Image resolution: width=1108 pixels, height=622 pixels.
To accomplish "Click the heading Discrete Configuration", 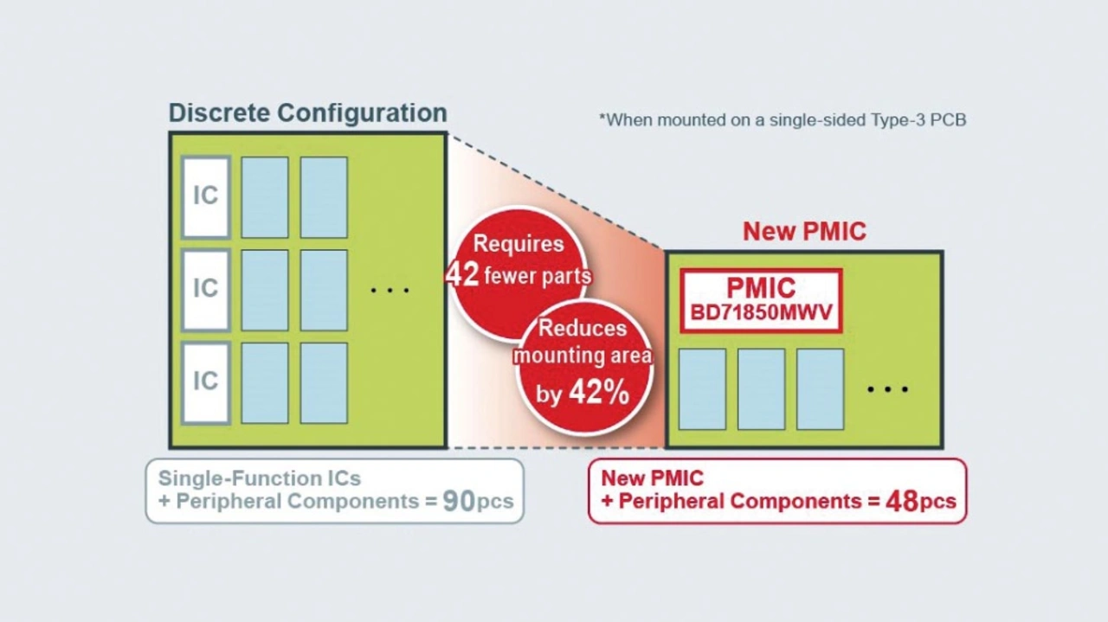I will tap(307, 113).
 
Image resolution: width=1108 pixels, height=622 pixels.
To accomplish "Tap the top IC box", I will tap(205, 196).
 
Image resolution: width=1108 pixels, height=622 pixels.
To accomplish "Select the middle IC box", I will tap(205, 289).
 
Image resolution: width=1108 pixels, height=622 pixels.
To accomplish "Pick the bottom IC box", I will tap(205, 382).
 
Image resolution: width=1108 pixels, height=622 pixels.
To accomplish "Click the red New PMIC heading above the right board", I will tap(804, 232).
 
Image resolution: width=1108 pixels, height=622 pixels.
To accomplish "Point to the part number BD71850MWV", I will tap(761, 312).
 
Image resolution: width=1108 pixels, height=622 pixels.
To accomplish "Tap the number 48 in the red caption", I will tap(901, 502).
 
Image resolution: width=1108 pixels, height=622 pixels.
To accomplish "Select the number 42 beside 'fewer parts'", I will tap(462, 275).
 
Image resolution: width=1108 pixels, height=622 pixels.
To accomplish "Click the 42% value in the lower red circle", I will tap(599, 393).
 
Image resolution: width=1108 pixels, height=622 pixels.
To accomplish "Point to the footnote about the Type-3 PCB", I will tap(783, 120).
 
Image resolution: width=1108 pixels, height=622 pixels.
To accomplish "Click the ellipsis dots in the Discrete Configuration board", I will tap(390, 290).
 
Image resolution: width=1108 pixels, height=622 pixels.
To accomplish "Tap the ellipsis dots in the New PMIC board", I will tap(887, 389).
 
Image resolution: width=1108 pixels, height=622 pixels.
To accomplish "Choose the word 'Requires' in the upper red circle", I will tap(519, 245).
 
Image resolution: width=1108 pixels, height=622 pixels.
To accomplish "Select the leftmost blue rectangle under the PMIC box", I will tap(702, 389).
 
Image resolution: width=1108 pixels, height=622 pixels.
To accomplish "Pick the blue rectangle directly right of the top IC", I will tap(265, 197).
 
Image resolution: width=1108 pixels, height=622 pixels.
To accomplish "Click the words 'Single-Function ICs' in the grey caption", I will tap(259, 478).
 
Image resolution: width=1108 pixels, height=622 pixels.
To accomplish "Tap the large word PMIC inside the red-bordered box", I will tap(761, 287).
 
